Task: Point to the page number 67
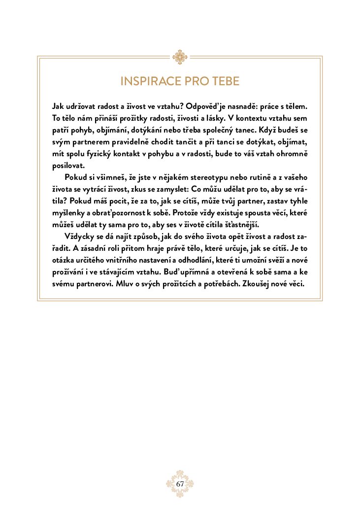[x=180, y=484]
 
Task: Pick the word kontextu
[x=248, y=118]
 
